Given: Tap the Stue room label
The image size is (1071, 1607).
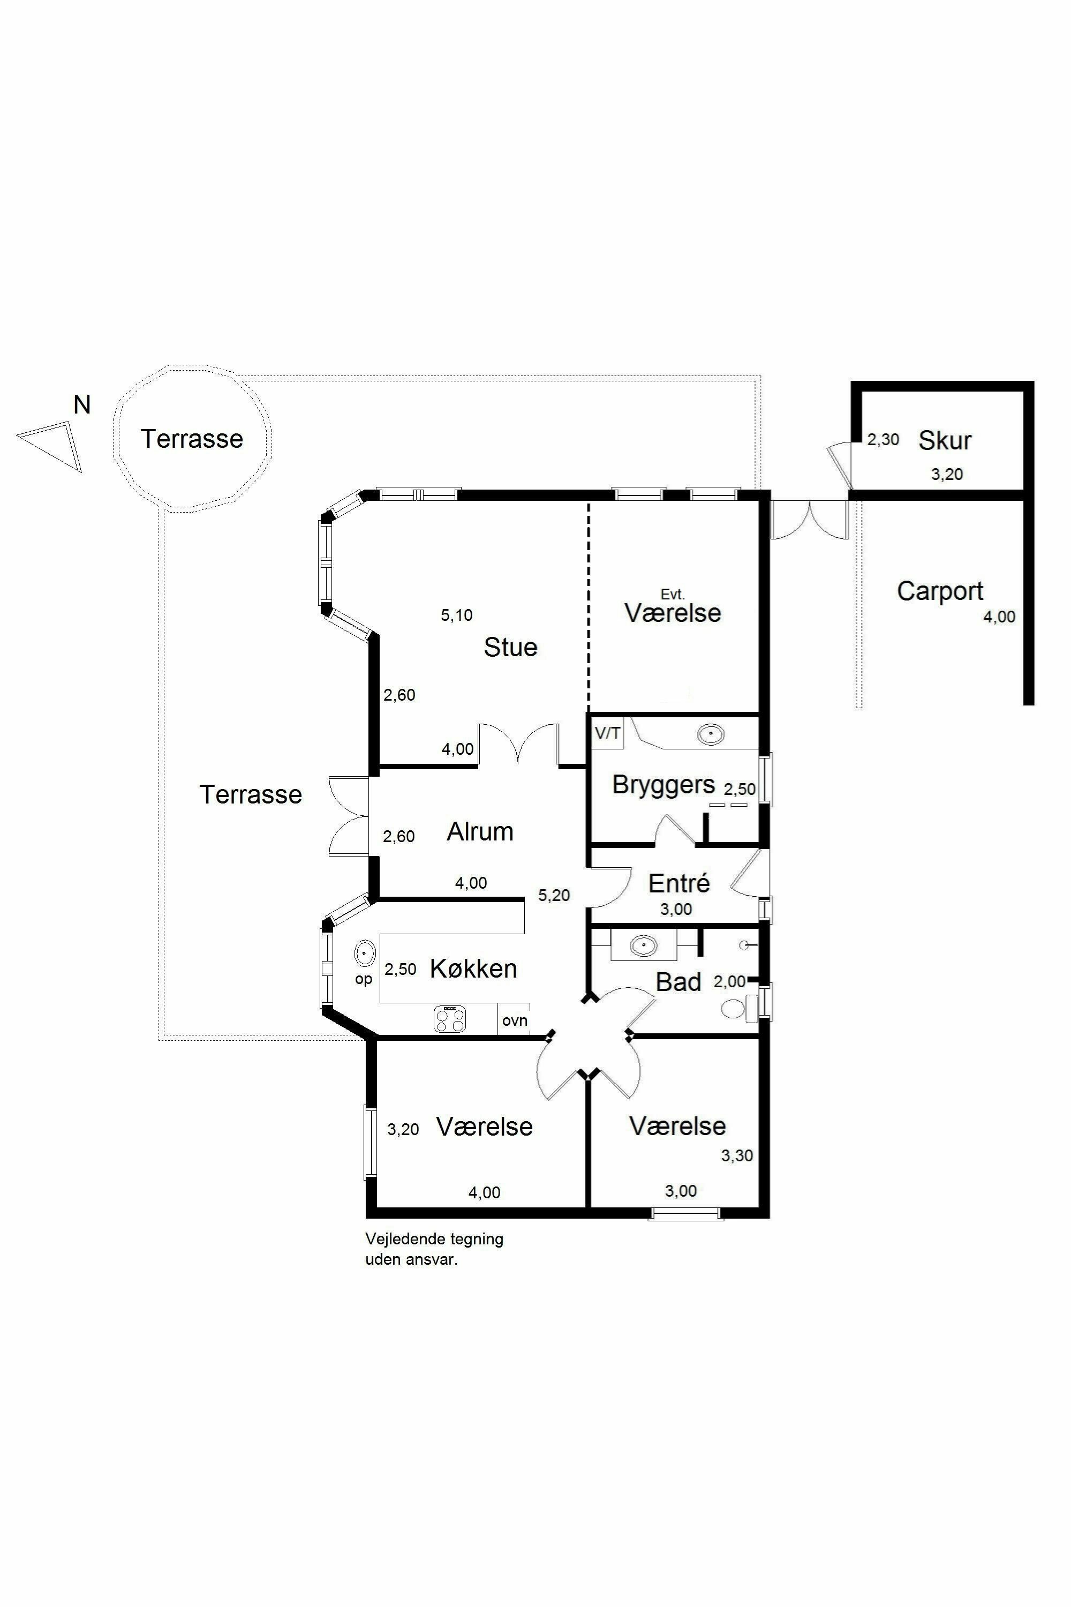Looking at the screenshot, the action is [x=510, y=647].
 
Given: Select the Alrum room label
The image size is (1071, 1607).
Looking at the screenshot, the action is [x=480, y=831].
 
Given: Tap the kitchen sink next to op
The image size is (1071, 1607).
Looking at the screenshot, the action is [x=365, y=952].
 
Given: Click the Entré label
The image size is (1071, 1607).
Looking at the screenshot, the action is [x=679, y=883].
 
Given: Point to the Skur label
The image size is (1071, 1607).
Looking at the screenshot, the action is [x=945, y=441].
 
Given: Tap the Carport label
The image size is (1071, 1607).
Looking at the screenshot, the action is [x=940, y=591].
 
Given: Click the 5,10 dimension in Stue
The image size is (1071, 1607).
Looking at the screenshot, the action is [x=456, y=615].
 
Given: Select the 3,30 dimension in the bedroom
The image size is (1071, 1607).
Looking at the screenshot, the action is [x=737, y=1155].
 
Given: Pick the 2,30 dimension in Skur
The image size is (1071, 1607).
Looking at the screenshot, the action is [x=883, y=439].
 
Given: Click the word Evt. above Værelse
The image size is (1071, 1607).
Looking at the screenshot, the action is [x=672, y=595].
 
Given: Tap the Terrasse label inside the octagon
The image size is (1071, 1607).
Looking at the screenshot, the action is [x=192, y=439].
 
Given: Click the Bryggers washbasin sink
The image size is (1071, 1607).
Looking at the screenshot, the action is [x=711, y=735].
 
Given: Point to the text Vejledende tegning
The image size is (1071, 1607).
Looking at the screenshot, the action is [x=434, y=1238].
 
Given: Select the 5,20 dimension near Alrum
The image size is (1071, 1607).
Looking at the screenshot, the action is [x=554, y=895].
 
